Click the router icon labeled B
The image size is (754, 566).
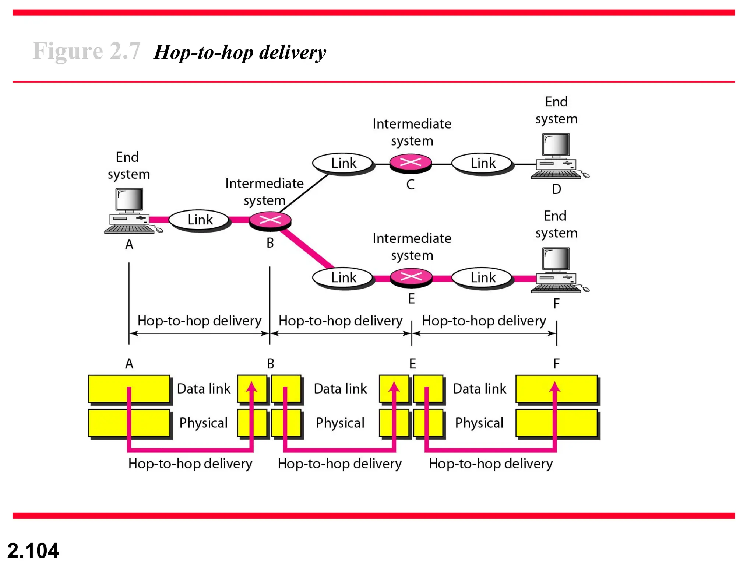coord(270,221)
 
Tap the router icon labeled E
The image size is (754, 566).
coord(411,277)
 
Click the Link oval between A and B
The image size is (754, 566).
coord(200,220)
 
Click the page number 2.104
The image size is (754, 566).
coord(33,551)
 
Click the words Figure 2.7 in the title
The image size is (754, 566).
coord(86,51)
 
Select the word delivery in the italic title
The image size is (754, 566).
coord(292,52)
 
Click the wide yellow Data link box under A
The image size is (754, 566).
coord(129,389)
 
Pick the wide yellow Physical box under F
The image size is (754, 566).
coord(556,423)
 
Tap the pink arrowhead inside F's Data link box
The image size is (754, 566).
coord(555,387)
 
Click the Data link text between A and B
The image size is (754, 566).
coord(204,389)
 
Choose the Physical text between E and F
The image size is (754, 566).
coord(479,423)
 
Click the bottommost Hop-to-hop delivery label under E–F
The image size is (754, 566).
coord(490,464)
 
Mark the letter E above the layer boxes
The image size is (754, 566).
coord(412,364)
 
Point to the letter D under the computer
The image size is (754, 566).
coord(556,189)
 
